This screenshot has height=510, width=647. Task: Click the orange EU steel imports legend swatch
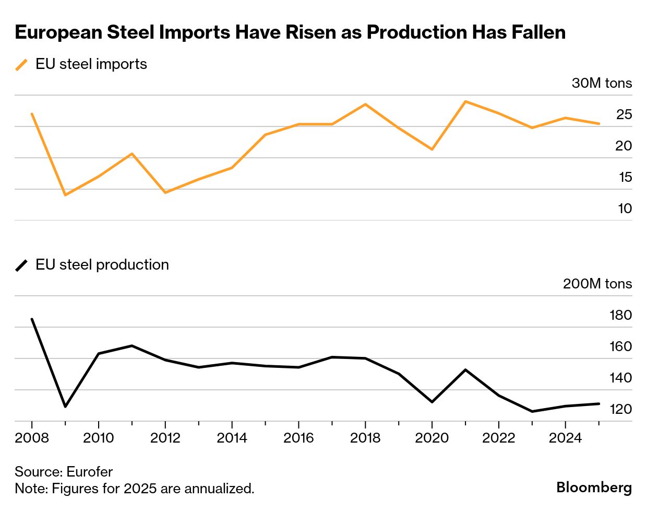coord(21,65)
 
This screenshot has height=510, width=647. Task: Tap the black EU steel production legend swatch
coord(21,265)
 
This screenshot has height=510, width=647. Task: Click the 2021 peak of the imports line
coord(465,101)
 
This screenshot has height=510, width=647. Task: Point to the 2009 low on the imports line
coord(65,195)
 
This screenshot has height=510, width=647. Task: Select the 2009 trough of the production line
coord(65,406)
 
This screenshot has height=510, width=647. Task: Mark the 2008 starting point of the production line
coord(32,319)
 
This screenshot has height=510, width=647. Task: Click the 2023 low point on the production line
coord(532,411)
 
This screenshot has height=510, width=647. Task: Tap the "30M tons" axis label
coord(602,83)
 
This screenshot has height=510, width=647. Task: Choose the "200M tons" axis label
coord(597,284)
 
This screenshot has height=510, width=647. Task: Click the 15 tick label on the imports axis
coord(625,177)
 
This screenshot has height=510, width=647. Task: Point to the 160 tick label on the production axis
coord(620,346)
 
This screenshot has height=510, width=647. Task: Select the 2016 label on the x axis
coord(298,437)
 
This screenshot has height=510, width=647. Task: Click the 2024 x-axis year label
coord(565,437)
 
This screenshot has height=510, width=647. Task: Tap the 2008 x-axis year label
coord(32,437)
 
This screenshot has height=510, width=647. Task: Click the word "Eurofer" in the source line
coord(90,472)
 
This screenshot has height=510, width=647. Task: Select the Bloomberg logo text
coord(594,487)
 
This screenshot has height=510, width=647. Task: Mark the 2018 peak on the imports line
coord(365,104)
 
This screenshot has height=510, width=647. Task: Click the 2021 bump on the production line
coord(465,370)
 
